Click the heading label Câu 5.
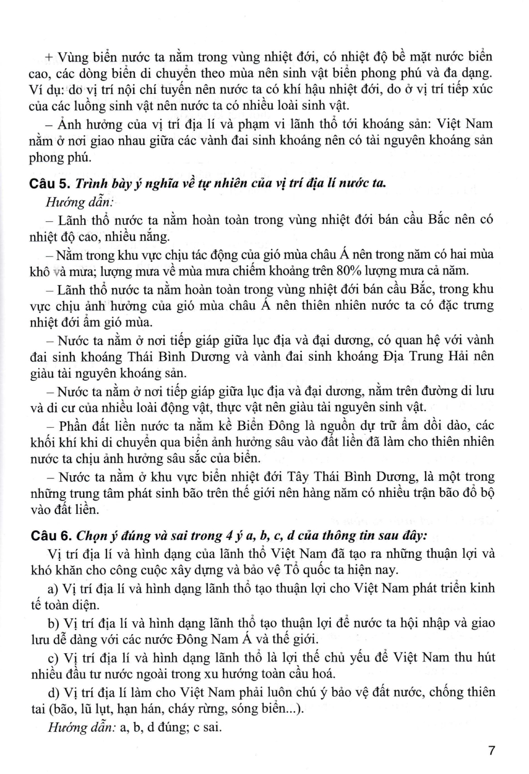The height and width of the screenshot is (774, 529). click(x=50, y=184)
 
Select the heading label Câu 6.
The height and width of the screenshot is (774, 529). click(x=50, y=536)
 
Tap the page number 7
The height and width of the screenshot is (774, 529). click(x=491, y=750)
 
